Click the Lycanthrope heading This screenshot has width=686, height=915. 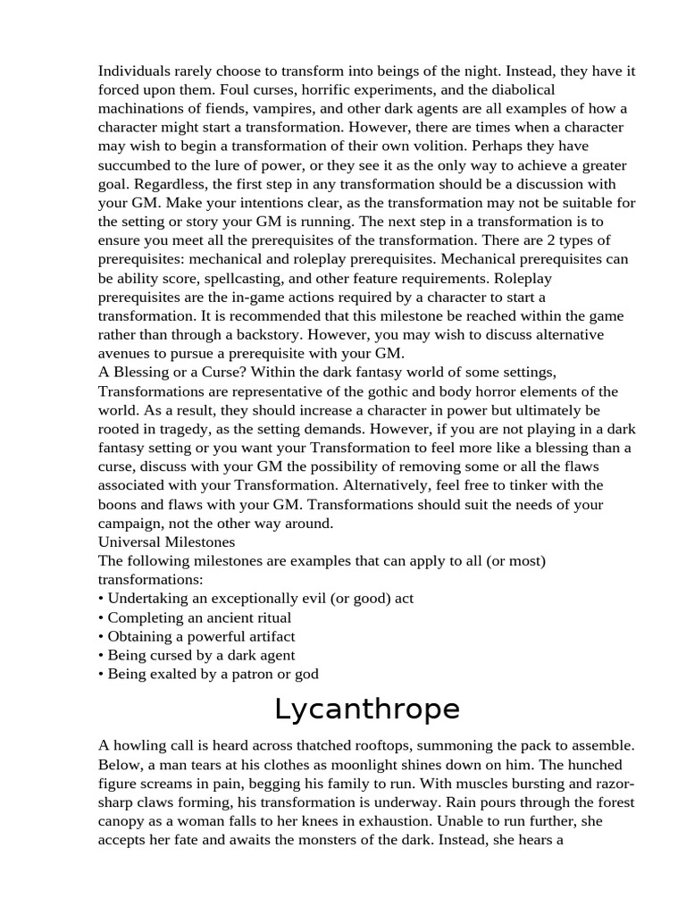point(366,709)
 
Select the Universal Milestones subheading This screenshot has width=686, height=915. point(167,541)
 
